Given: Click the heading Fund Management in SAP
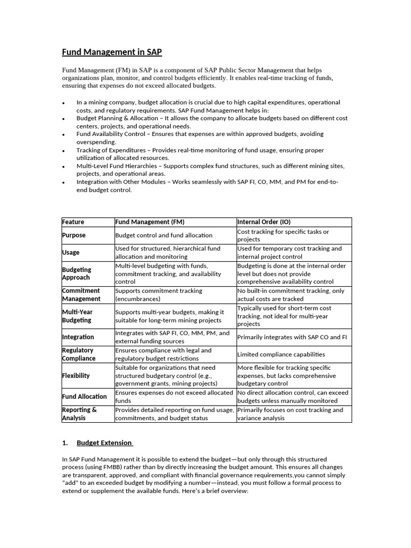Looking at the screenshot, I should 112,52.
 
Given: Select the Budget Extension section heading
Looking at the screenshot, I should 104,443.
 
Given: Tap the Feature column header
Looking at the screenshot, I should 73,222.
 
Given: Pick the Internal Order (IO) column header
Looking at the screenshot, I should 264,222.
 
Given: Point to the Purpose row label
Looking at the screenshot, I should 74,235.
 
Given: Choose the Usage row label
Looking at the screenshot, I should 71,252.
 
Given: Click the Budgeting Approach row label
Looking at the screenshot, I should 77,273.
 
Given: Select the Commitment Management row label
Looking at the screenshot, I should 81,295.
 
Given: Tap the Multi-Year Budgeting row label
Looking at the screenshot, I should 77,316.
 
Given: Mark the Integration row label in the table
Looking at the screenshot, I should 78,337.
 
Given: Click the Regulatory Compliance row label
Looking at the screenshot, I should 79,354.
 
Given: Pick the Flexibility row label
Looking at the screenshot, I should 76,376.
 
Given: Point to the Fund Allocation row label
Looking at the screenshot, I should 84,397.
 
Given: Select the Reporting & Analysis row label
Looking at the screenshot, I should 80,414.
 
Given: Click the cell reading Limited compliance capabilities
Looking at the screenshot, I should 281,354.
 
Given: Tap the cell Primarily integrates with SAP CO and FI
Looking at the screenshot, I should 288,337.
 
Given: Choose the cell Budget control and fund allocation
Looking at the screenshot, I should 164,235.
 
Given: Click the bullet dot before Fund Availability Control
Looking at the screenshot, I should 64,135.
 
